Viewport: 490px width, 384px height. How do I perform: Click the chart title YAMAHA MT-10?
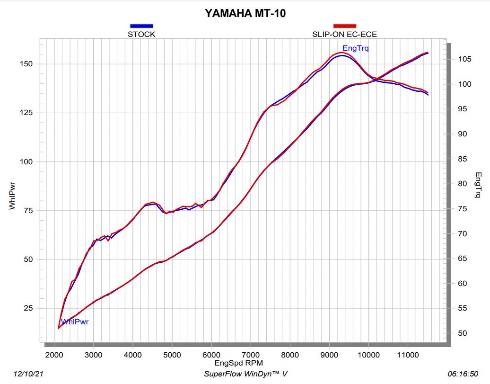point(245,13)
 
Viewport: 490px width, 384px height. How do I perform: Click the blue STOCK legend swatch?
point(141,26)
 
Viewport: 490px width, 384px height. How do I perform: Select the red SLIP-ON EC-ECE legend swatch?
point(344,26)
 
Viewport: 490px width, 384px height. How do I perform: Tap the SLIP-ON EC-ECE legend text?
point(344,34)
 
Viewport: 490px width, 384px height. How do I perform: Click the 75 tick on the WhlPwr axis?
point(28,211)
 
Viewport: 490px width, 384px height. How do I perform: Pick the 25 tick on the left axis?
point(28,308)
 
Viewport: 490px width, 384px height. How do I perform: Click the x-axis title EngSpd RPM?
point(238,363)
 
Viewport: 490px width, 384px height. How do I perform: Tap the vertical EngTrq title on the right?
point(478,185)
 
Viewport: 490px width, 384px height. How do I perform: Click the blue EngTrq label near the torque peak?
point(356,48)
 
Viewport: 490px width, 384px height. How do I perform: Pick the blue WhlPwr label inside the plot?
point(75,322)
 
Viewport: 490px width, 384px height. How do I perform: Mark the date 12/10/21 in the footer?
point(29,374)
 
